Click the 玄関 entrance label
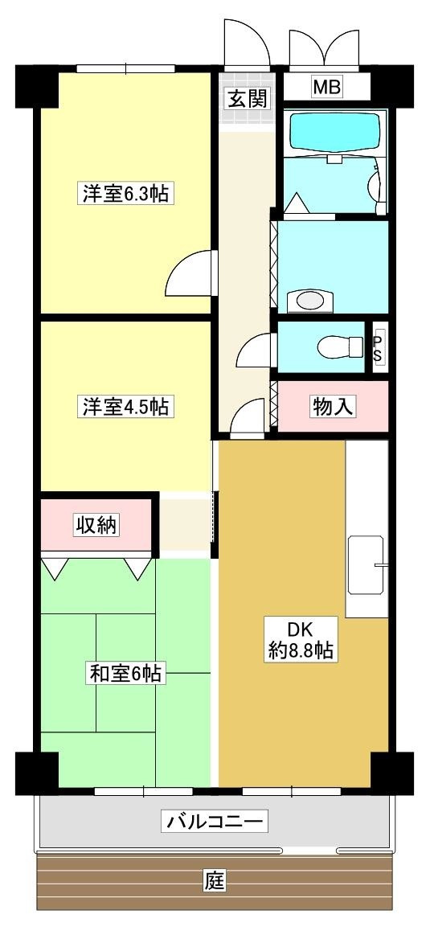pos(248,100)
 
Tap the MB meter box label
pos(326,87)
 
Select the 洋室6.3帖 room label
pos(124,194)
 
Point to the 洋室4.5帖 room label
pos(124,407)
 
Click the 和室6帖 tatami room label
pos(126,674)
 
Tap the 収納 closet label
pos(96,526)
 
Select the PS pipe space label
pos(378,347)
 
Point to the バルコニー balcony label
pos(215,822)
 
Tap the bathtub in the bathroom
pos(334,130)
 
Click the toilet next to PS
pos(341,347)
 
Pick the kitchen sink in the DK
pos(366,564)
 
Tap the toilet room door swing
pos(256,351)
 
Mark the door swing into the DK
pos(248,418)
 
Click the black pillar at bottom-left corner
pos(36,772)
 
